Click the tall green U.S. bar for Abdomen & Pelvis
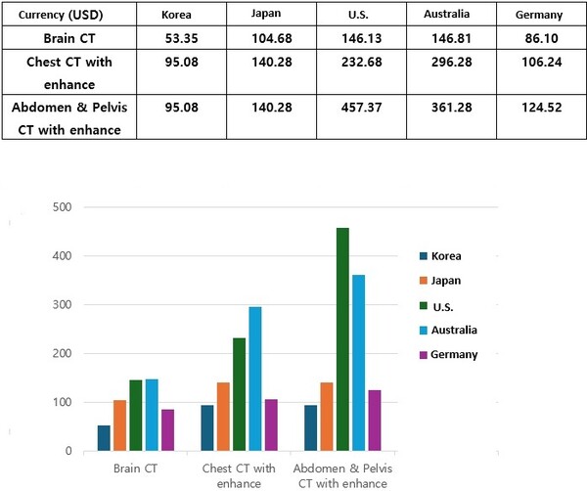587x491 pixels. (x=342, y=339)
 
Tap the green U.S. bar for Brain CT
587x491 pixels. (x=136, y=416)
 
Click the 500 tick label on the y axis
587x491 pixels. (x=63, y=207)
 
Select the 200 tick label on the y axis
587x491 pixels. (x=63, y=354)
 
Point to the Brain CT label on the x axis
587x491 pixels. (x=136, y=469)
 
